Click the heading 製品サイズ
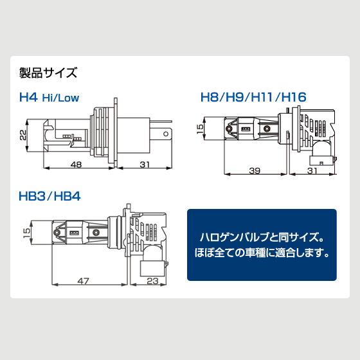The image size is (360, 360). (x=48, y=73)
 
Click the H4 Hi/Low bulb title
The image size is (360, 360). (x=49, y=97)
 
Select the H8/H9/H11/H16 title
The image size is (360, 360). (x=253, y=97)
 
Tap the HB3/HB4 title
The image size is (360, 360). (x=50, y=197)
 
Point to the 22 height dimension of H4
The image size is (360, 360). (x=23, y=135)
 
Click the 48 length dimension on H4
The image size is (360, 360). (x=76, y=165)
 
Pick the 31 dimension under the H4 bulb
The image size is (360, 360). (x=145, y=165)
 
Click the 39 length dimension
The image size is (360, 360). (x=255, y=170)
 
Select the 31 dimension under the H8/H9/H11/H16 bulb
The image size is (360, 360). (x=312, y=170)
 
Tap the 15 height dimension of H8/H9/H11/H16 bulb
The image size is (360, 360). (x=200, y=128)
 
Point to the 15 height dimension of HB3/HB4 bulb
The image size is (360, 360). (x=26, y=233)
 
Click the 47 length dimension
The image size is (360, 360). (x=83, y=281)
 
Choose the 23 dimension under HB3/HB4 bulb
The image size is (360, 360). (x=153, y=281)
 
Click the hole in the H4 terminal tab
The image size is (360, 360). (x=166, y=134)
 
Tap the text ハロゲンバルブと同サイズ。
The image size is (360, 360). (x=262, y=237)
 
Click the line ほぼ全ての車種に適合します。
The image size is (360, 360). (x=262, y=253)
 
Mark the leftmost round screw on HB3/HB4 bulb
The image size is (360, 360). (x=56, y=233)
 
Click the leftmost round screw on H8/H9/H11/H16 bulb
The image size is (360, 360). (x=229, y=129)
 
